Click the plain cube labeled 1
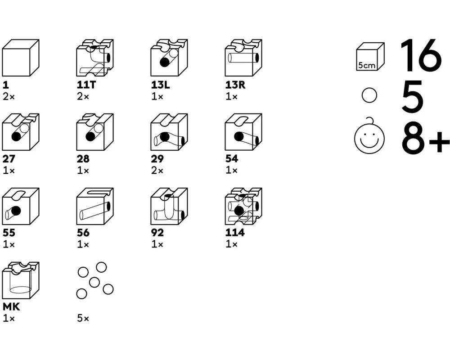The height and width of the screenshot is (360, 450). (21, 58)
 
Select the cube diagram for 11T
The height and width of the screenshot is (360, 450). (95, 58)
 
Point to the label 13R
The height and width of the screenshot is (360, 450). (235, 85)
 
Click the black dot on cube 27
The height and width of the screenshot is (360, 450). (16, 136)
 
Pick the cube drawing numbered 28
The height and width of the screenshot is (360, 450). (95, 132)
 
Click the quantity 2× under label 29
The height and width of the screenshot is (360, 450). (157, 171)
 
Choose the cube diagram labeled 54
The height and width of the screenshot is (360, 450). (243, 132)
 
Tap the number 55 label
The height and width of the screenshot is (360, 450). (9, 233)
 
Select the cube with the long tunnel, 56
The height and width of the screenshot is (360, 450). (95, 207)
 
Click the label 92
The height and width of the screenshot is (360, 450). (157, 233)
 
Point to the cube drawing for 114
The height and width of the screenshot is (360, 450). (243, 207)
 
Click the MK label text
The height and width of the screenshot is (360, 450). (11, 307)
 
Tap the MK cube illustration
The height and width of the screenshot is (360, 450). (21, 280)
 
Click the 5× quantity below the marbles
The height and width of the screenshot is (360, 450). (83, 318)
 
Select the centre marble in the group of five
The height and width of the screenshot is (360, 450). (94, 283)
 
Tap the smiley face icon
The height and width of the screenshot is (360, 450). (369, 137)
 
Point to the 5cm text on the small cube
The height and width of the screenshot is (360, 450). (366, 65)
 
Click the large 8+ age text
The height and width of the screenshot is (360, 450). (425, 138)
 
